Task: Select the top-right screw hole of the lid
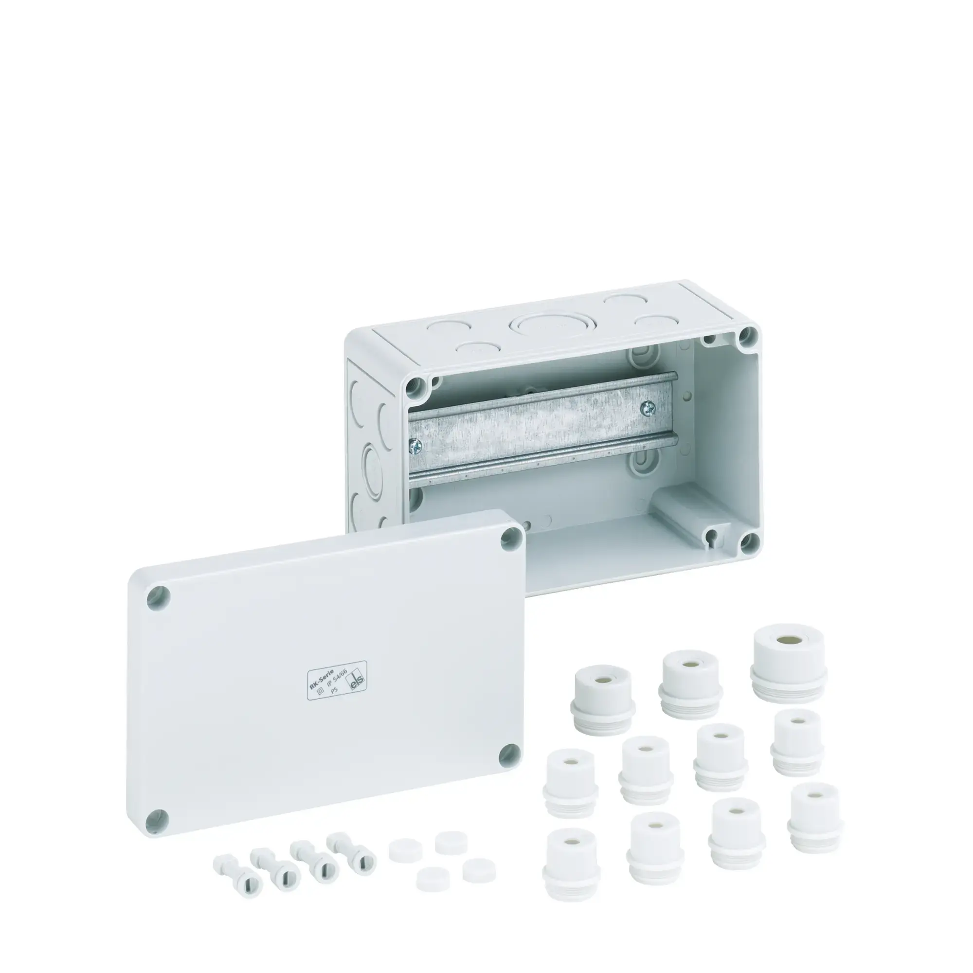coord(512,539)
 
